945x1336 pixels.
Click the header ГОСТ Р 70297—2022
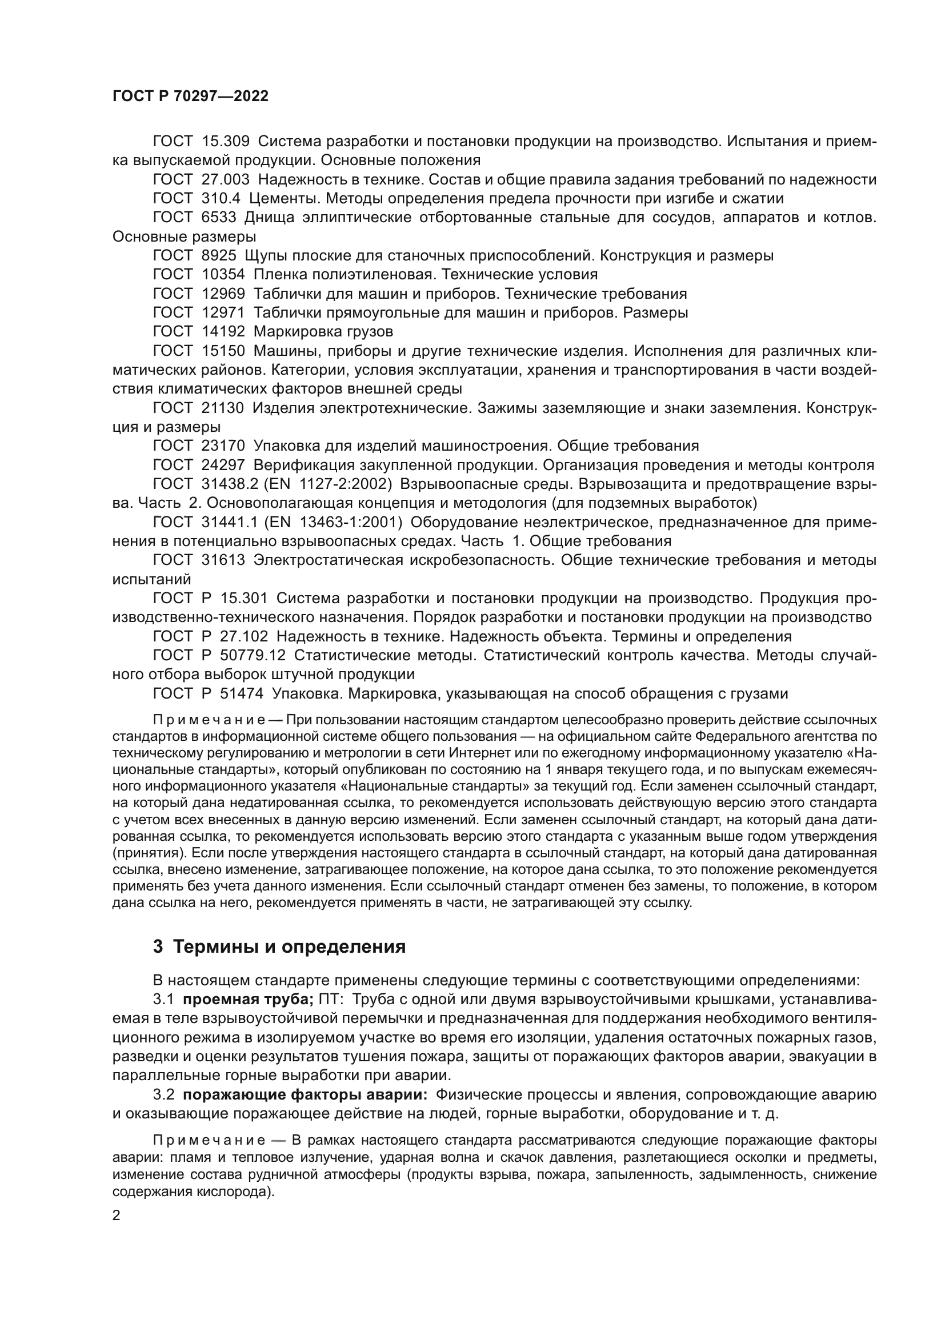(190, 97)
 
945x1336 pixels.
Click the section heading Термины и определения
(290, 946)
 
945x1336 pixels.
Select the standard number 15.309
(226, 142)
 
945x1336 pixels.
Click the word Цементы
(282, 198)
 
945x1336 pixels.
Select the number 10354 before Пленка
(223, 275)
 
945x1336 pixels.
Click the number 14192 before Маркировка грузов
(223, 332)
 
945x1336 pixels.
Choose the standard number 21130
(223, 408)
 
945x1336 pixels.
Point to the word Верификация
(302, 465)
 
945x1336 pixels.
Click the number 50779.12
(253, 656)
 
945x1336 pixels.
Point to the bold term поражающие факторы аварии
(305, 1094)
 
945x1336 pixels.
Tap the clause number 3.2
(163, 1094)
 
